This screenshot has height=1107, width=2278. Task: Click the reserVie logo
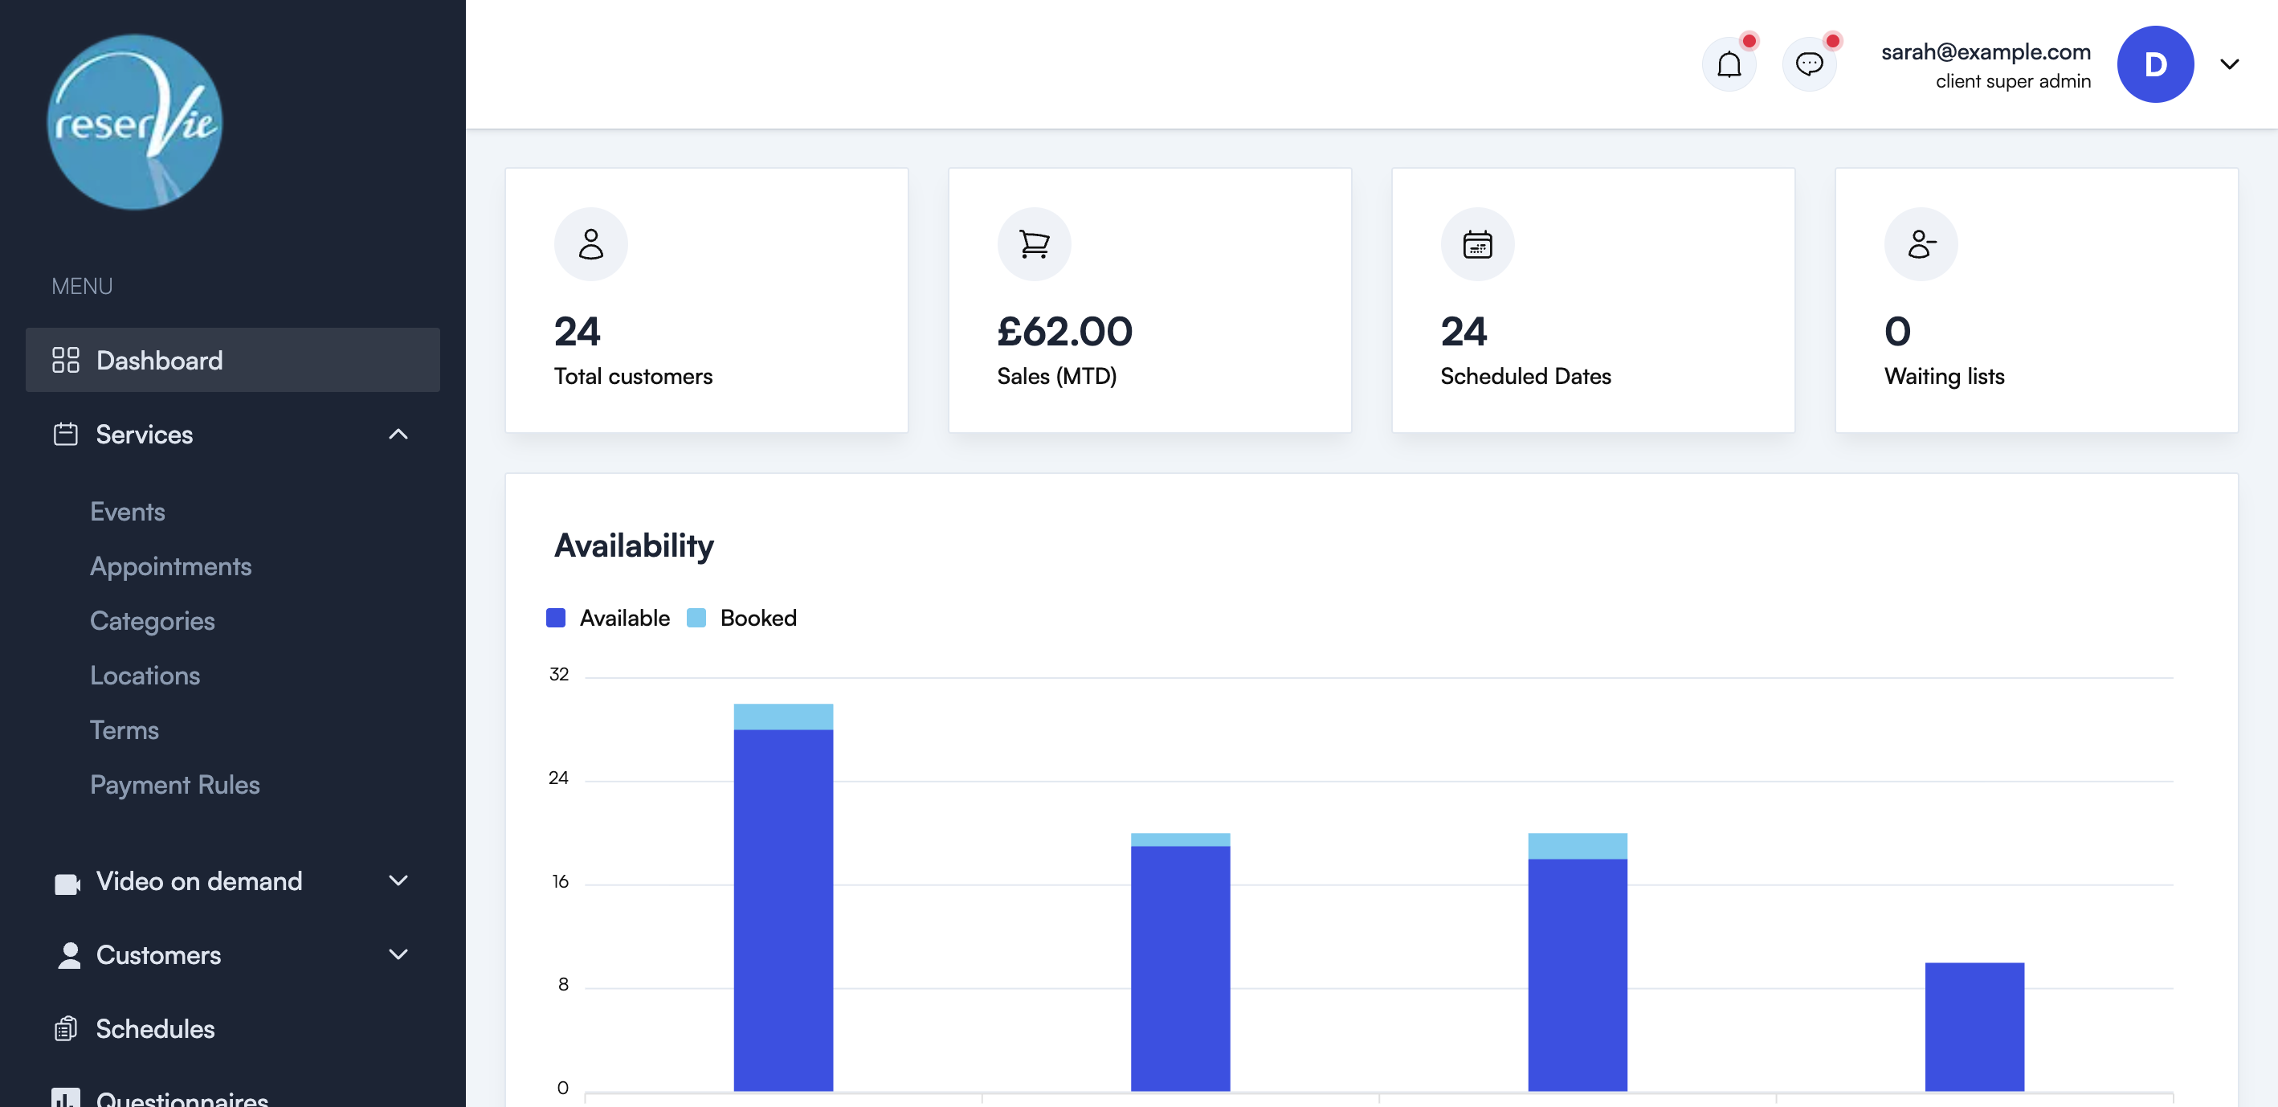pos(134,122)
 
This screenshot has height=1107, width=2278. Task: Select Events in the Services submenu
pos(128,511)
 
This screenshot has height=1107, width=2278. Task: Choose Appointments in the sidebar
pos(170,566)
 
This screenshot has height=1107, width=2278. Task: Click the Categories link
pos(152,621)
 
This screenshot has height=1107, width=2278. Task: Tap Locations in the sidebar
pos(145,675)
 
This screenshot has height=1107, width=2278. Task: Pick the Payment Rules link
pos(175,784)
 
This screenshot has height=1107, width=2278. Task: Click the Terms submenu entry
pos(125,729)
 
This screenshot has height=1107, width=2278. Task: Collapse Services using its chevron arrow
pos(398,434)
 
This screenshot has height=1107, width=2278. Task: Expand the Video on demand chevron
pos(398,880)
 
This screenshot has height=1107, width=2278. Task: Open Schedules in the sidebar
pos(155,1028)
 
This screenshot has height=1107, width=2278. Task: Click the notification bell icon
pos(1729,64)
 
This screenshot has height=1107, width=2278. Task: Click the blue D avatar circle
pos(2154,64)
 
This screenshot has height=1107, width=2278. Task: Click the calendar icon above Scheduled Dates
pos(1477,244)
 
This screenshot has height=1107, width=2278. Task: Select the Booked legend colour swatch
pos(696,618)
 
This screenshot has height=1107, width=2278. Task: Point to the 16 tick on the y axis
pos(560,881)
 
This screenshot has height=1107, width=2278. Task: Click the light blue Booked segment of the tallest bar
pos(782,717)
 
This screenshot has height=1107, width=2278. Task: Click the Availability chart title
pos(633,545)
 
